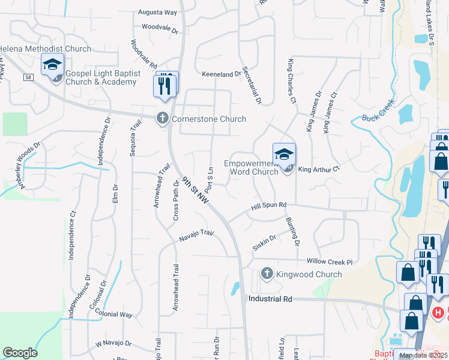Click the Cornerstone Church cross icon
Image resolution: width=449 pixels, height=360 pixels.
tap(162, 119)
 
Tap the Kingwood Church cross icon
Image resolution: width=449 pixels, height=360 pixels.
tap(267, 274)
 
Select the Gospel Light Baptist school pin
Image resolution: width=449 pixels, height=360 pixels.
tap(52, 64)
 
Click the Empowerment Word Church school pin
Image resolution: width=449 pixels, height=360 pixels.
tap(285, 155)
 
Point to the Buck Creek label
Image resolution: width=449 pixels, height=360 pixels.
tap(377, 118)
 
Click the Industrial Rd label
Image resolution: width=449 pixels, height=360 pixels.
tap(270, 298)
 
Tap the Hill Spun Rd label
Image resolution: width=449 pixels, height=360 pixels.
tap(269, 207)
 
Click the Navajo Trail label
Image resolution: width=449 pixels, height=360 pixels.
tap(196, 236)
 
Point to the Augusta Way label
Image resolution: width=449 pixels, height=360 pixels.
tap(157, 11)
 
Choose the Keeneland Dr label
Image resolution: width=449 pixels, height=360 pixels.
tap(221, 73)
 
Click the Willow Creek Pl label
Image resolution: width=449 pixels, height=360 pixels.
tap(329, 262)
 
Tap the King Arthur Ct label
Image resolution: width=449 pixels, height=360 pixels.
tap(319, 169)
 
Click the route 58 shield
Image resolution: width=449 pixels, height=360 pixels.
tap(28, 77)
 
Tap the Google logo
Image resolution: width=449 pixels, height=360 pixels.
tap(20, 353)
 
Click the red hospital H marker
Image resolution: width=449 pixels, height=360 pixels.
tap(439, 313)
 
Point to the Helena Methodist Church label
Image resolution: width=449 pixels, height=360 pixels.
tap(45, 49)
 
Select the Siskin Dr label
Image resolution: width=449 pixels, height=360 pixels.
tap(264, 242)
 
